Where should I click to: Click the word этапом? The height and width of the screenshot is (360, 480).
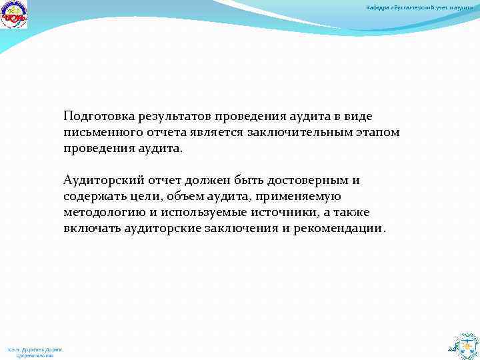(376, 132)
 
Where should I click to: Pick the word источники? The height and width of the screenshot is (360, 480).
(309, 212)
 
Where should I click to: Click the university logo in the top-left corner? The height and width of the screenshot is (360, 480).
(14, 15)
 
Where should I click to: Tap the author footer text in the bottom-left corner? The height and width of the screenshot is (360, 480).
(35, 352)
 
